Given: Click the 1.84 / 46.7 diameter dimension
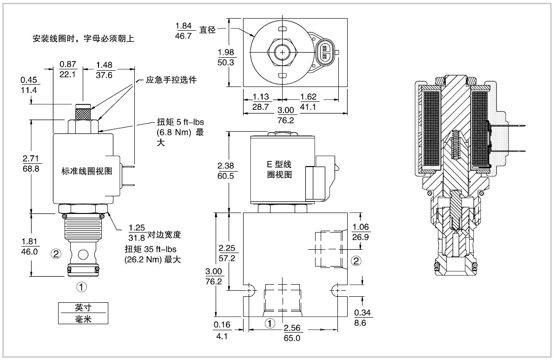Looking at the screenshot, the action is pyautogui.click(x=184, y=31).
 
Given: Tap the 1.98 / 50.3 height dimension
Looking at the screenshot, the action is pyautogui.click(x=226, y=57).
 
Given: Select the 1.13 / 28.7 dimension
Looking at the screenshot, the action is pyautogui.click(x=261, y=102).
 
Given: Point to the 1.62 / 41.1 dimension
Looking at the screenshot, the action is pyautogui.click(x=308, y=102).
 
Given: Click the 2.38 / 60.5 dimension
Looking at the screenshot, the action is pyautogui.click(x=226, y=171).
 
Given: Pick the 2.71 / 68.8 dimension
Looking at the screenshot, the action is pyautogui.click(x=31, y=163).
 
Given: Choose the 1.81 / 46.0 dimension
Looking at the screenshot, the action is pyautogui.click(x=30, y=247).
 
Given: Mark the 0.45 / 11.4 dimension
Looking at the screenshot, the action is pyautogui.click(x=29, y=85).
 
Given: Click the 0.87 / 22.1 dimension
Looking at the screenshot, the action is pyautogui.click(x=67, y=69).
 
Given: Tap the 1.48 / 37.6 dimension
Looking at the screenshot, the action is pyautogui.click(x=104, y=70).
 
